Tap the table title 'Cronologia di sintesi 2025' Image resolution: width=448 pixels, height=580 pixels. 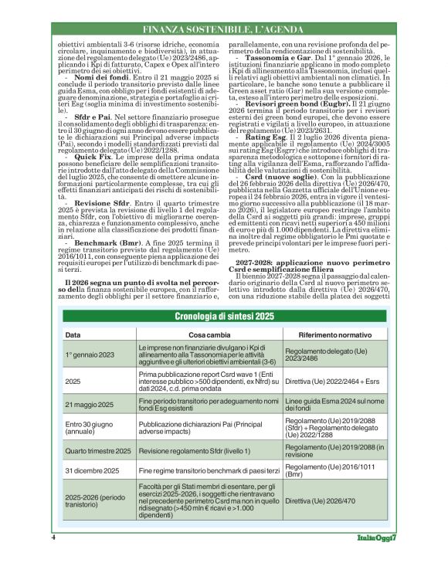(x=224, y=317)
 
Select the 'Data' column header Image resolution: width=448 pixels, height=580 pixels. (x=73, y=335)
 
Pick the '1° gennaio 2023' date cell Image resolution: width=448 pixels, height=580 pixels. (x=90, y=354)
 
